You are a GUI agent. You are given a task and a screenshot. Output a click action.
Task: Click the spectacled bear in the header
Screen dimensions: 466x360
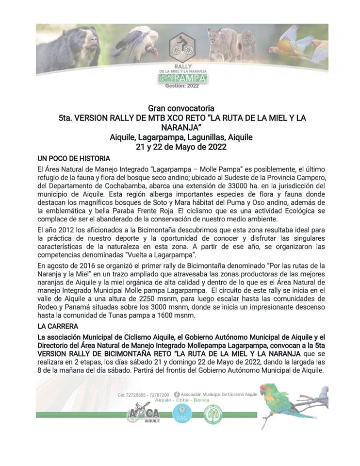[x=73, y=49]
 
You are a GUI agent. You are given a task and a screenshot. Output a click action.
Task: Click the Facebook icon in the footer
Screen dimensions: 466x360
[x=176, y=395]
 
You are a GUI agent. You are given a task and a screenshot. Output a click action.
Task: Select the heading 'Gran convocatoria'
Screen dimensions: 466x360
[x=180, y=108]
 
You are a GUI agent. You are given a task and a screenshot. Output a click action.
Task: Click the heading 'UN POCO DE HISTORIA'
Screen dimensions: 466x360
[x=74, y=158]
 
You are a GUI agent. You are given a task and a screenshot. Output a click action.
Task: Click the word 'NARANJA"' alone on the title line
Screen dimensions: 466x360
[x=180, y=128]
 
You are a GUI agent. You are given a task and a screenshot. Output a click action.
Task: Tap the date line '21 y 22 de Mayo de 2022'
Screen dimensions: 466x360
[x=180, y=147]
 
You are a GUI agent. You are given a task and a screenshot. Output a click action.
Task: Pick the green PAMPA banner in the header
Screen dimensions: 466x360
[x=190, y=78]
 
